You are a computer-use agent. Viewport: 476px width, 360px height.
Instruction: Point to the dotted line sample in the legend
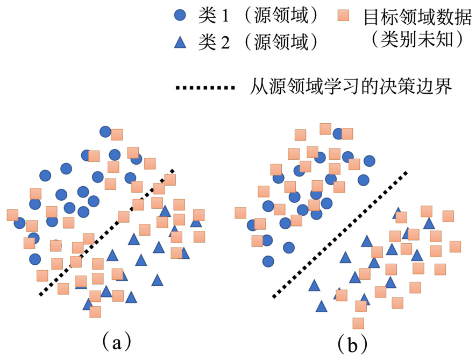click(204, 87)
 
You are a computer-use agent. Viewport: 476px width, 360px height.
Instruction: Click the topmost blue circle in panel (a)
click(106, 132)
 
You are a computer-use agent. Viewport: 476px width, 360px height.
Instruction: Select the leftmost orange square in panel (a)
click(13, 215)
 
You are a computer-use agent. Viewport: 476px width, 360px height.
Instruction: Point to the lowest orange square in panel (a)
click(96, 312)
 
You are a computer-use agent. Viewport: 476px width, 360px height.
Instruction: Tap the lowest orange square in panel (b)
click(358, 323)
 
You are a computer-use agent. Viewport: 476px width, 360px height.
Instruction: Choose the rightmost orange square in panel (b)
click(456, 246)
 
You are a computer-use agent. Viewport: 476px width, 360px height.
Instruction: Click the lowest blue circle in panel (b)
click(268, 262)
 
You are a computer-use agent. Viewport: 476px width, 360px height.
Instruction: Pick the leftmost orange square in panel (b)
click(240, 213)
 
